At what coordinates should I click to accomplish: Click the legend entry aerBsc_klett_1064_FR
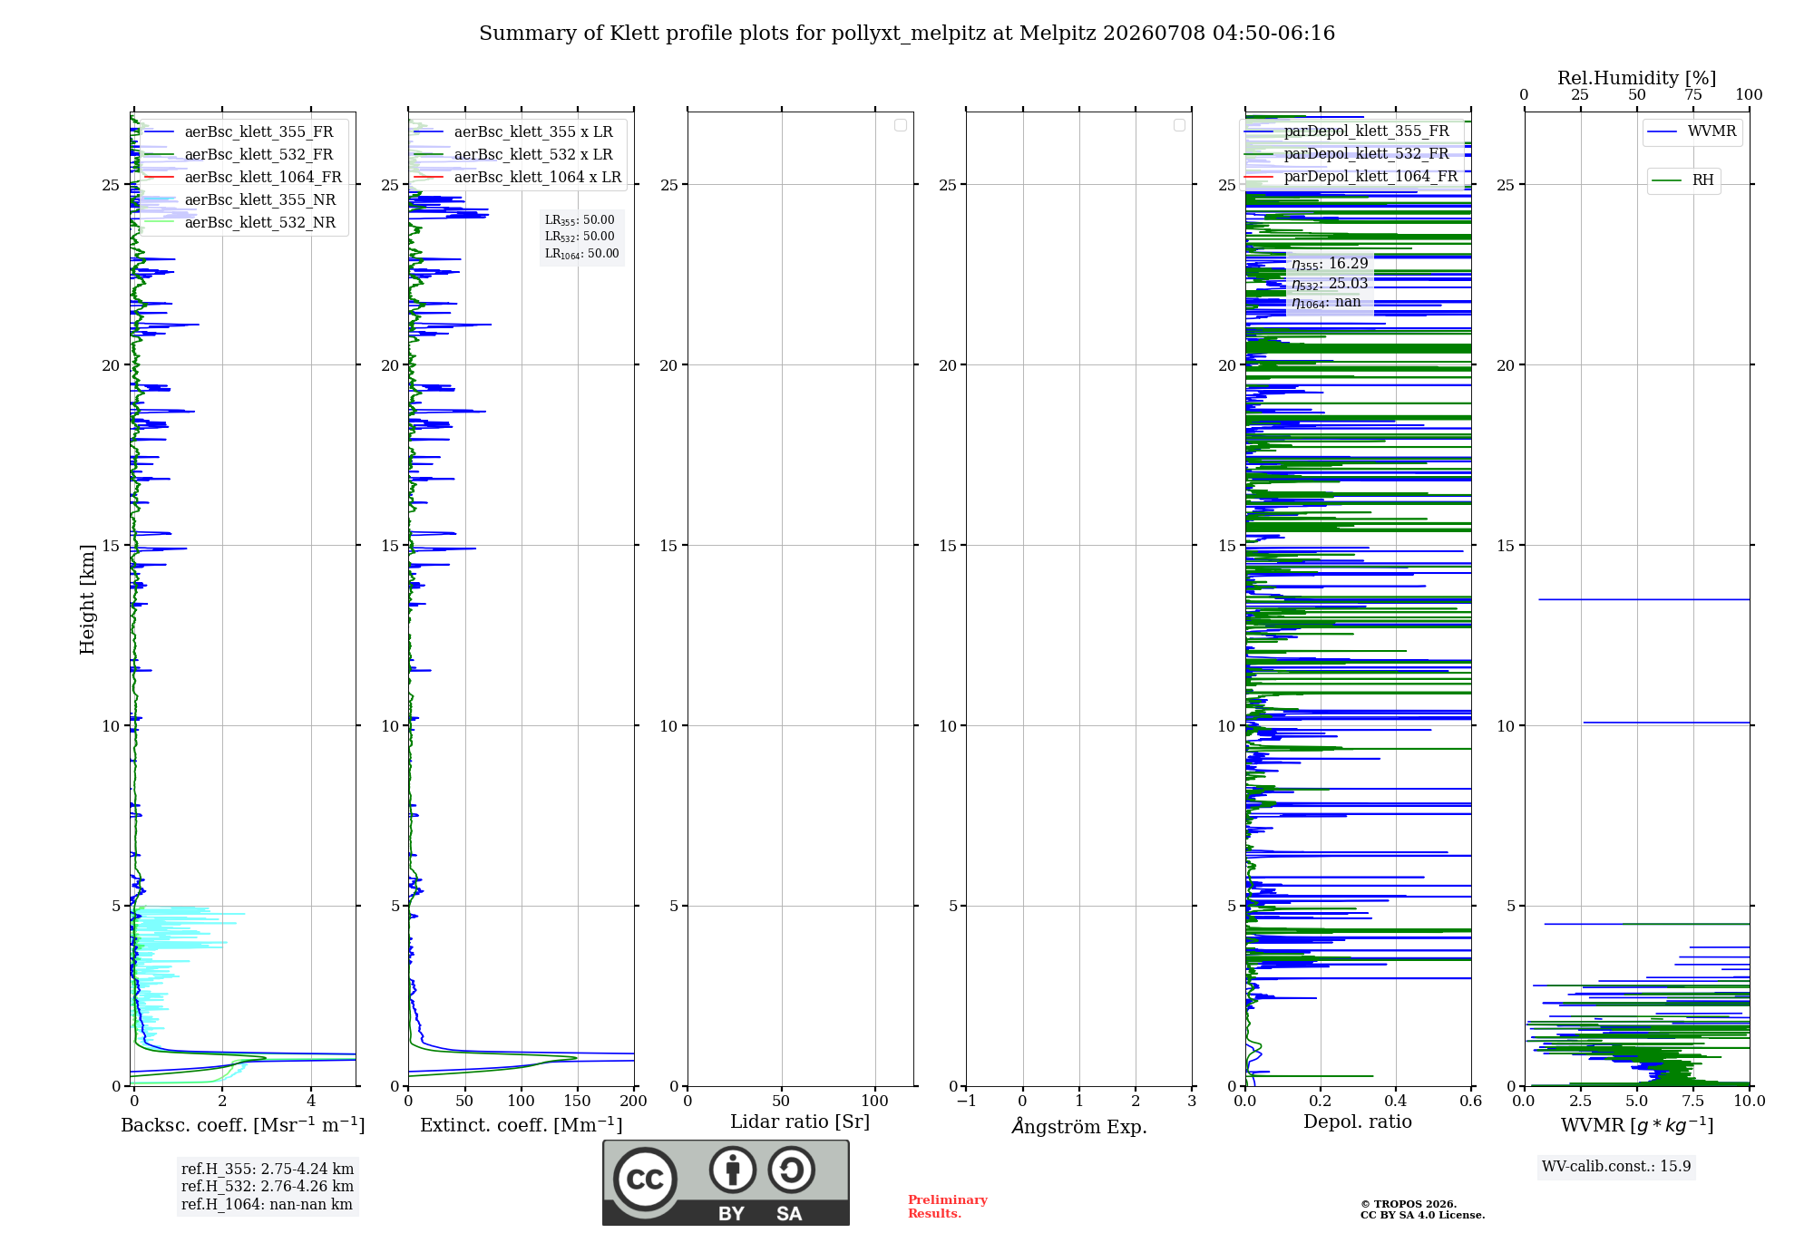(243, 177)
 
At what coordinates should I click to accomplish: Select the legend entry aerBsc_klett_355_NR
(240, 199)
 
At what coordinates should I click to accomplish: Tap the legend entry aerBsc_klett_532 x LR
(513, 154)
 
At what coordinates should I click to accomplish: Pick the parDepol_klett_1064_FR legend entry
(1351, 176)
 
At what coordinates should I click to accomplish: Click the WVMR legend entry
(1692, 131)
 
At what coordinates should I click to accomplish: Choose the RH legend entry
(1683, 180)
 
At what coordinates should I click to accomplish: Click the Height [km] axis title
(87, 599)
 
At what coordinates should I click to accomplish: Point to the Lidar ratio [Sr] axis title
(800, 1121)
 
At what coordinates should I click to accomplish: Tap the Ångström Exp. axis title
(1079, 1126)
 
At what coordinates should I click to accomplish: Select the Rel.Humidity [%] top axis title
(1637, 78)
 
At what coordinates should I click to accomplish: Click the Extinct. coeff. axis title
(522, 1125)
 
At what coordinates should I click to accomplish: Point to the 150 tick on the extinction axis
(577, 1101)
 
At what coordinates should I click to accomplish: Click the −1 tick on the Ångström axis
(966, 1101)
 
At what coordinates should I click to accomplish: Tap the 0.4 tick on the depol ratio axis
(1396, 1101)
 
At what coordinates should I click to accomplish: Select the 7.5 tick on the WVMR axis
(1693, 1101)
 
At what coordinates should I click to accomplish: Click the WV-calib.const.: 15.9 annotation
(1616, 1167)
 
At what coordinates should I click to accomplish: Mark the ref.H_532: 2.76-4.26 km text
(268, 1186)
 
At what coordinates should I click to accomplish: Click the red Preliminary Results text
(948, 1207)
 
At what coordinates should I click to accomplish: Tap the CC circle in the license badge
(645, 1179)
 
